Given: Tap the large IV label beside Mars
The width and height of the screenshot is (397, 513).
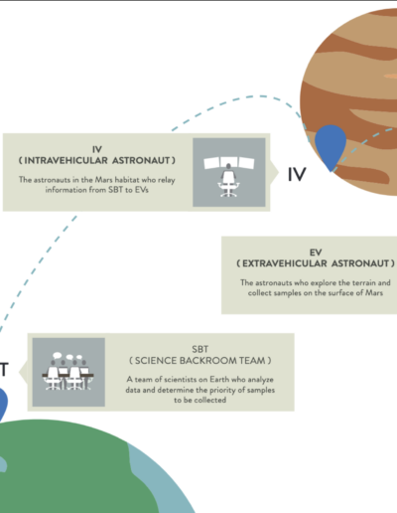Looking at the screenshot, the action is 297,174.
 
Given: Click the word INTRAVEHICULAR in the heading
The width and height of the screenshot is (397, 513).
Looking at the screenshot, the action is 66,160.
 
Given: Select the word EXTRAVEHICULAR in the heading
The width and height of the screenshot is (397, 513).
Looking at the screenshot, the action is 284,263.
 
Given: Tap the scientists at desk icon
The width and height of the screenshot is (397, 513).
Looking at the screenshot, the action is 68,371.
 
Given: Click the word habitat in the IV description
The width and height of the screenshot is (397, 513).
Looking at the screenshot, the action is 127,180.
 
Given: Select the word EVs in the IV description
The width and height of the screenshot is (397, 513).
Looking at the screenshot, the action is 141,190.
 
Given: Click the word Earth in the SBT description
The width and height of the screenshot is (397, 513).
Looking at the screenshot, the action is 219,379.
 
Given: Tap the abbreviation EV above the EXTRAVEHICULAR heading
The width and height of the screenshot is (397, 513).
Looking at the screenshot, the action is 316,253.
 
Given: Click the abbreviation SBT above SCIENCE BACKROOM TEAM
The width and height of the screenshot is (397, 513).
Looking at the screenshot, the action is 199,349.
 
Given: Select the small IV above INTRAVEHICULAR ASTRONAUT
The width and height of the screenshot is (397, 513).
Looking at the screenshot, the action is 97,149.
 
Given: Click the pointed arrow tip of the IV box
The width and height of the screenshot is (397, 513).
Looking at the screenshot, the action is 278,171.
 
